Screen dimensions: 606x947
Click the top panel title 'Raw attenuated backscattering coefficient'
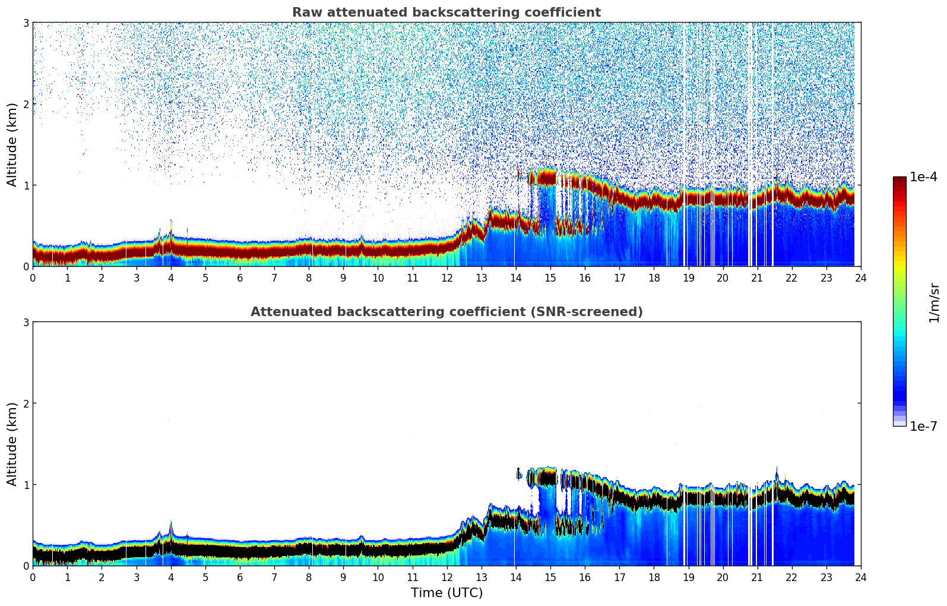[446, 12]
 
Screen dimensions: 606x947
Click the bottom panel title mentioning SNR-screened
[446, 312]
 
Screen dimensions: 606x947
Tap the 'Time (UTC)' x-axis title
[446, 592]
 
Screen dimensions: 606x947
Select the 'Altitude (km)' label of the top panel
[12, 144]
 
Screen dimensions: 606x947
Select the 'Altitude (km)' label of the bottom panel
[12, 444]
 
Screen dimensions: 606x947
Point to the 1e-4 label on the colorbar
[923, 177]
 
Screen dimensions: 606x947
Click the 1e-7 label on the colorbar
[923, 426]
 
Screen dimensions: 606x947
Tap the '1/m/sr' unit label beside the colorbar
[934, 302]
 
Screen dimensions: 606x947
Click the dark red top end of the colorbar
[900, 179]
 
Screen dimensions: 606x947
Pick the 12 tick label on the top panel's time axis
[446, 277]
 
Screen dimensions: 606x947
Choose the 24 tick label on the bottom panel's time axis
[860, 577]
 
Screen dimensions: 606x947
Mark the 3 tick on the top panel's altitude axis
[26, 23]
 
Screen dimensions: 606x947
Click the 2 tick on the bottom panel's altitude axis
[26, 403]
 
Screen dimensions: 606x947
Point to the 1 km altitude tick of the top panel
[26, 185]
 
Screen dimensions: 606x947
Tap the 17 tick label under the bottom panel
[619, 577]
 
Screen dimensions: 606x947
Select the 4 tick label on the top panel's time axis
[171, 277]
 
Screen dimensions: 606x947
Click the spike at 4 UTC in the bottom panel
[171, 524]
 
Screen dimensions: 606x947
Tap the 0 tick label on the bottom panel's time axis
[33, 577]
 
